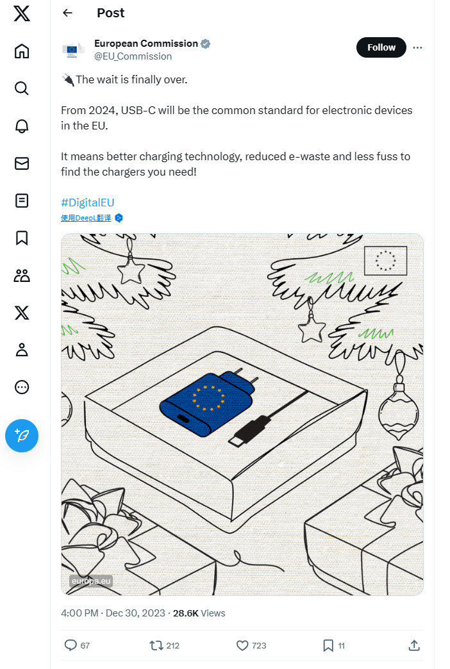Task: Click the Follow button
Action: [x=381, y=47]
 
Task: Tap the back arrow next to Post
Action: [x=67, y=13]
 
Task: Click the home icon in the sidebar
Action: [x=22, y=51]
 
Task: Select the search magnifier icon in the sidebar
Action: [x=22, y=88]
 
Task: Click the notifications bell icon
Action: [x=22, y=126]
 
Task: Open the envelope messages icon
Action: [x=22, y=163]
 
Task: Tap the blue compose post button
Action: [x=22, y=436]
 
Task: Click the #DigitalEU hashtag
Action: [x=88, y=202]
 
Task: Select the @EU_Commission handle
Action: [x=133, y=56]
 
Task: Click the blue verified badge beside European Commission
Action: [x=205, y=44]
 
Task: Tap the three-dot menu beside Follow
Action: [x=417, y=47]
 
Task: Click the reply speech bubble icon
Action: [x=71, y=645]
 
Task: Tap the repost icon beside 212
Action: [x=156, y=645]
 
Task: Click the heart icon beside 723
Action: [x=242, y=645]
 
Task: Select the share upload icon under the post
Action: [x=414, y=645]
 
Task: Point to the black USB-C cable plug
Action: [x=250, y=431]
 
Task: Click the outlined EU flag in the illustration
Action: [x=385, y=260]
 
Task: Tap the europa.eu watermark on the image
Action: [x=91, y=581]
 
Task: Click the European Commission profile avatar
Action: [x=72, y=50]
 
